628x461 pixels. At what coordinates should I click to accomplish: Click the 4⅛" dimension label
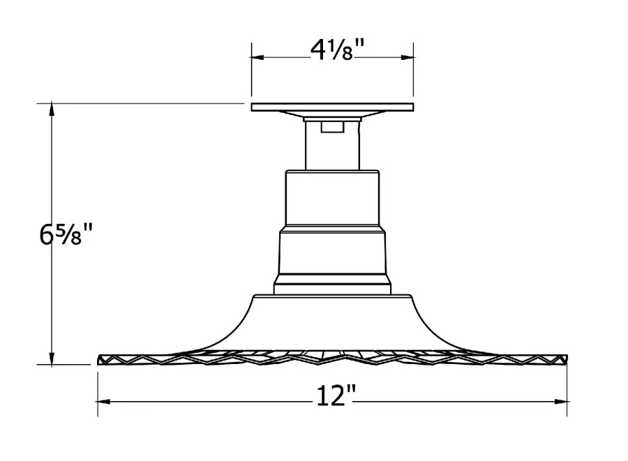337,50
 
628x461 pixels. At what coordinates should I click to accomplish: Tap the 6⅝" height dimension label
66,234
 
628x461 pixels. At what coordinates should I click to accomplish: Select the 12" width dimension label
336,395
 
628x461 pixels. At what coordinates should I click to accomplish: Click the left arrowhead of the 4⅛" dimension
257,57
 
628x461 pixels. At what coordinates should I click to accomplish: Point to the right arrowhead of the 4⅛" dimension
408,57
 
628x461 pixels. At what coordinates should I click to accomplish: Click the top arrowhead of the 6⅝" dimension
52,109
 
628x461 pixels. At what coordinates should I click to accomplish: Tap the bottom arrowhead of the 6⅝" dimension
52,358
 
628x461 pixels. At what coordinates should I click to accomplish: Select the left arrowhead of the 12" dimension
104,402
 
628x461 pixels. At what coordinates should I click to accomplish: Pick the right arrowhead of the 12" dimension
561,402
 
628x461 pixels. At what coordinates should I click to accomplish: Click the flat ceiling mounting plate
332,107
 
